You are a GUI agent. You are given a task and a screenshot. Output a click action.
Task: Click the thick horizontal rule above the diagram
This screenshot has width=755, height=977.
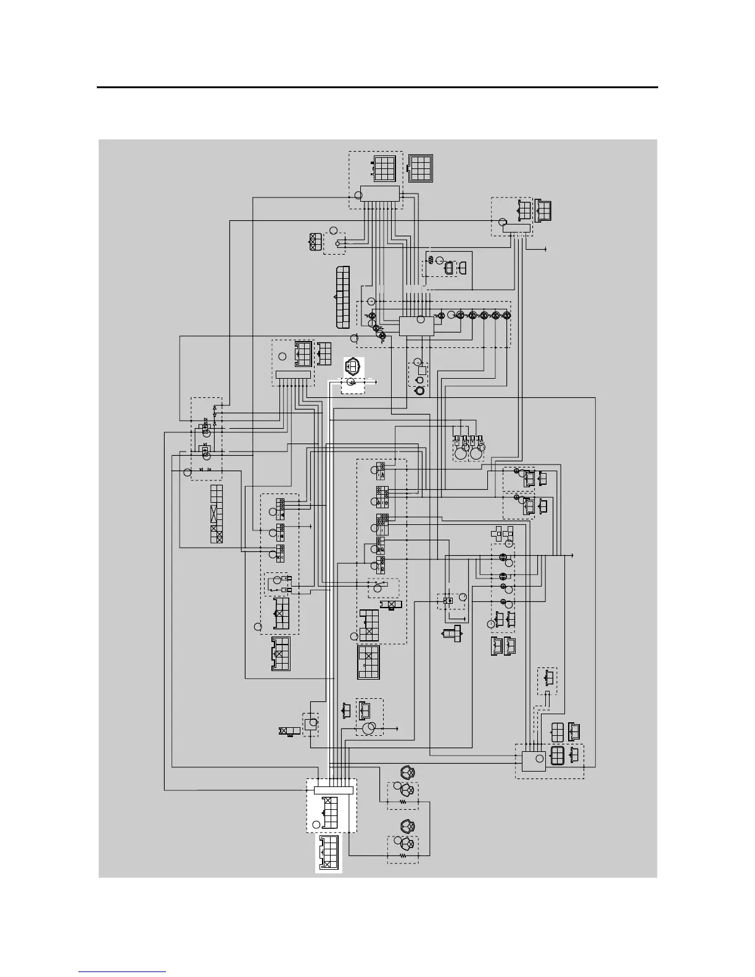pos(377,88)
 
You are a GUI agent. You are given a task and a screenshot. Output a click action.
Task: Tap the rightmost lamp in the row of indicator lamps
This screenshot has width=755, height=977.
pos(507,316)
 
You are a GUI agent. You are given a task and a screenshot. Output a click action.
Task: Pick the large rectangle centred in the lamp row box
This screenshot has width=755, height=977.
pos(418,325)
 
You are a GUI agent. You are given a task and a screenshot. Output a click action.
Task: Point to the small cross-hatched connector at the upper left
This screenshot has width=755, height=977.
pos(316,241)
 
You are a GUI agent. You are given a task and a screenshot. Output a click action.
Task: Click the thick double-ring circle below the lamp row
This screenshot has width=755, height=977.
pos(419,390)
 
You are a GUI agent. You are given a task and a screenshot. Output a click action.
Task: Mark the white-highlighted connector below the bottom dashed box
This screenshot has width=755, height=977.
pos(329,854)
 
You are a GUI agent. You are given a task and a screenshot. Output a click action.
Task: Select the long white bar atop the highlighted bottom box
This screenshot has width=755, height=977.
pos(334,790)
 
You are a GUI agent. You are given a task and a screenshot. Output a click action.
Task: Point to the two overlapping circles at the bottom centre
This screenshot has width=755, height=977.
pos(369,728)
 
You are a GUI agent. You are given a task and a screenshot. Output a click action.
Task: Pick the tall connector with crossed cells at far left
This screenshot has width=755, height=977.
pos(217,514)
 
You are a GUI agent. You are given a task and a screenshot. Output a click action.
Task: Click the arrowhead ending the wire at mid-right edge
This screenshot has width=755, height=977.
pos(573,556)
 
